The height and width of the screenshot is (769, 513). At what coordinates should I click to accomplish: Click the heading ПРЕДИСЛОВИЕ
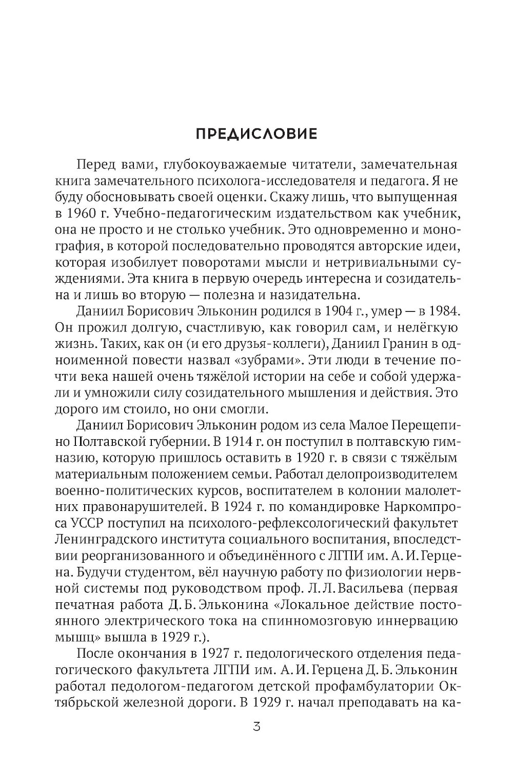click(256, 134)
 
